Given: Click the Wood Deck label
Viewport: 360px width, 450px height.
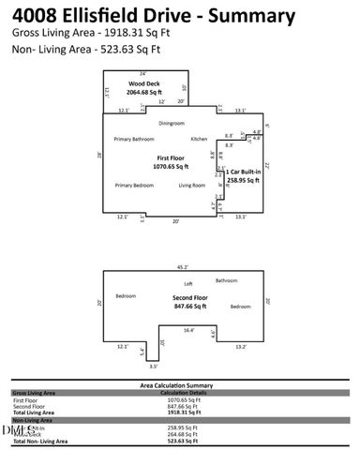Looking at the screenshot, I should point(146,83).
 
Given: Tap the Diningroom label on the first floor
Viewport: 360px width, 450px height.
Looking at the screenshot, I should point(171,123).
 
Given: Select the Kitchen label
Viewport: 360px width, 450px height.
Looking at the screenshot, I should point(199,139).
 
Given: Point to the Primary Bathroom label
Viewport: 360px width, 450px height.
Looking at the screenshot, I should point(134,139).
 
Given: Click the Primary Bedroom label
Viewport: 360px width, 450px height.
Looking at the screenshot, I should point(134,186).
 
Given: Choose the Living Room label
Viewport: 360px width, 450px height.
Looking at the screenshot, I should point(192,186).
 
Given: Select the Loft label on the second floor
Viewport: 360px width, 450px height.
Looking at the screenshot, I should point(187,283).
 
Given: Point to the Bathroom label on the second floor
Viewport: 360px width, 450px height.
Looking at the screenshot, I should point(227,280).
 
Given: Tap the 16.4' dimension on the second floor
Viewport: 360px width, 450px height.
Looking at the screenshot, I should point(188,330).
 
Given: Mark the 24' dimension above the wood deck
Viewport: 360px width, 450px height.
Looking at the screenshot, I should point(142,72).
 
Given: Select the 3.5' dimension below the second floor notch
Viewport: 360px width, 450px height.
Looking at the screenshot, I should point(153,367).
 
